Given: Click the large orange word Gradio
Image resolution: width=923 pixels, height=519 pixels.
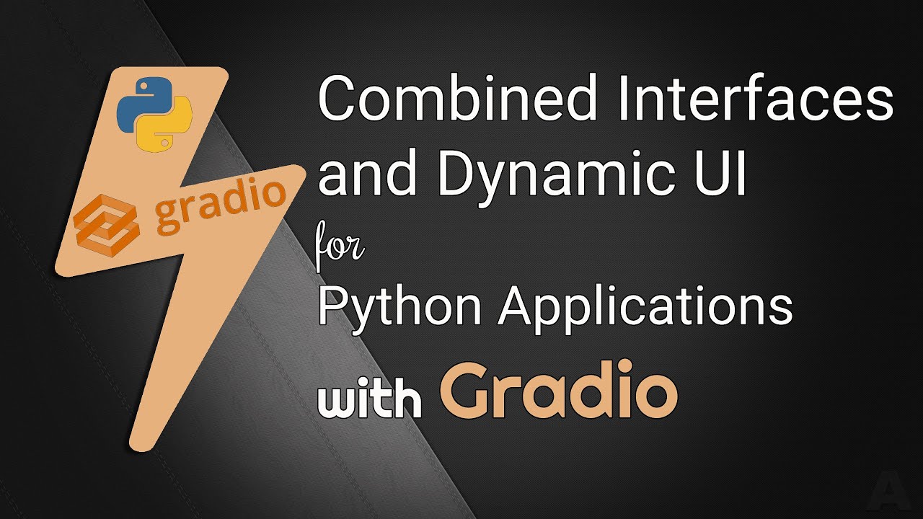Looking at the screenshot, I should (x=559, y=393).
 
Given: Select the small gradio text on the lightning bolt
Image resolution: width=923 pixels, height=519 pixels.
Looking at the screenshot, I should (x=220, y=205).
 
